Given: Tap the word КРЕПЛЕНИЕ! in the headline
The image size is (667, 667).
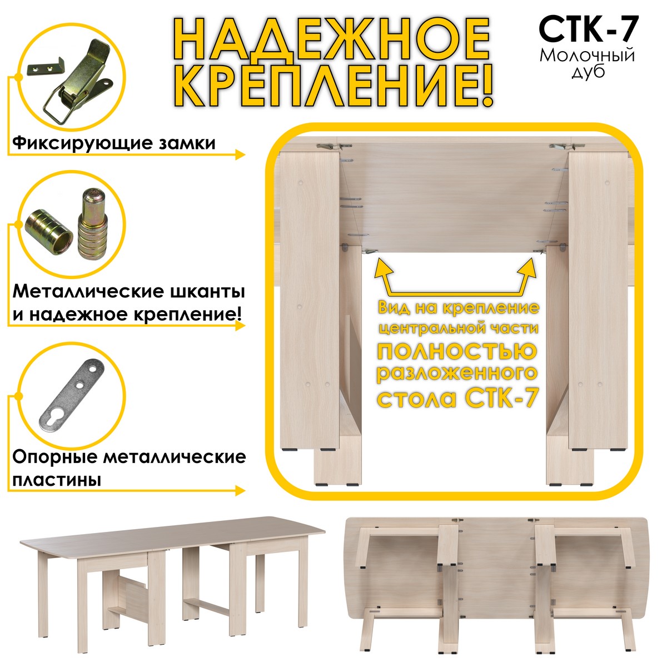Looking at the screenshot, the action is coord(333,85).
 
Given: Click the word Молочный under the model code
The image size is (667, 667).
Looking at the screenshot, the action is coord(587,56).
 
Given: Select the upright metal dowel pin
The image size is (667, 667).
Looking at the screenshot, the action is coord(92,223).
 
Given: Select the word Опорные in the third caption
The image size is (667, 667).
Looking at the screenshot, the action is coord(54,457).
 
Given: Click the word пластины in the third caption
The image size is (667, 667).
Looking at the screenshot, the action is coord(57,480).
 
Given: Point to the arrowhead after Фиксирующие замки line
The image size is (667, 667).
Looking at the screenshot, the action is coord(240,155).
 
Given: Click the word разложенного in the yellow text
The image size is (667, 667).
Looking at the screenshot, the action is coord(457,374).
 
